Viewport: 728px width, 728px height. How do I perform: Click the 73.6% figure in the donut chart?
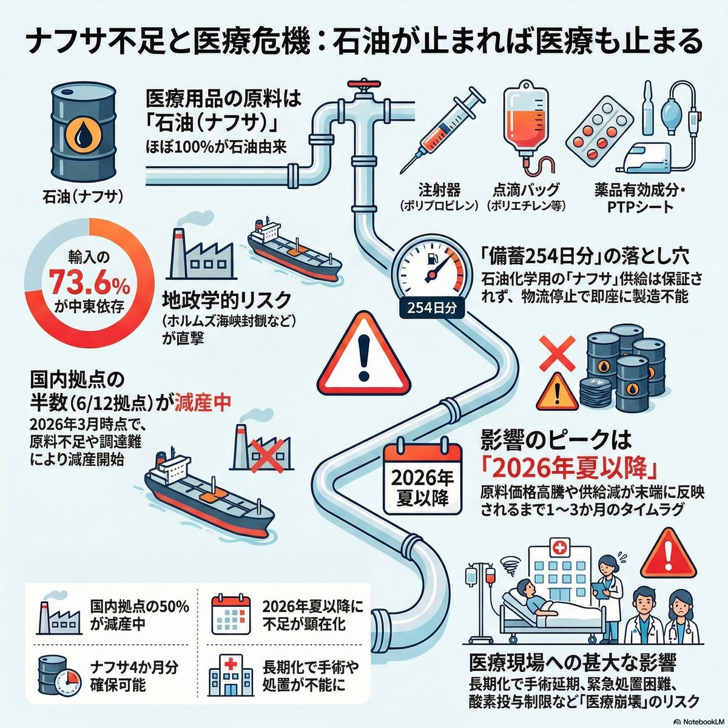(89, 283)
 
